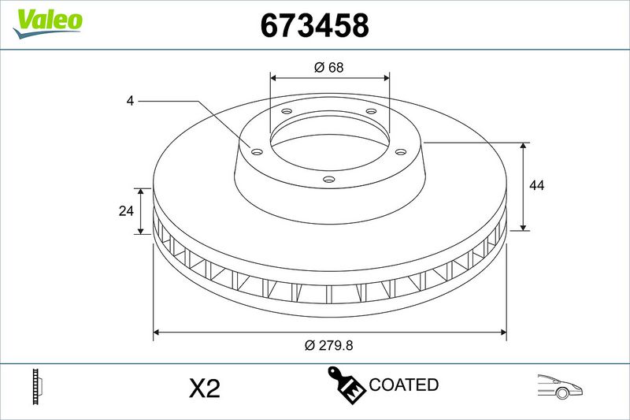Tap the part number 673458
tap(314, 25)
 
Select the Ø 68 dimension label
tap(329, 67)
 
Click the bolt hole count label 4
tap(130, 101)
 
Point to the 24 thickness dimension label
tap(126, 210)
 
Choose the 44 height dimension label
tap(537, 185)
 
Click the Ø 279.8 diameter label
tap(328, 345)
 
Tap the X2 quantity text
tap(205, 388)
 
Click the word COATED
tap(403, 385)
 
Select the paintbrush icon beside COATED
tap(346, 385)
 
